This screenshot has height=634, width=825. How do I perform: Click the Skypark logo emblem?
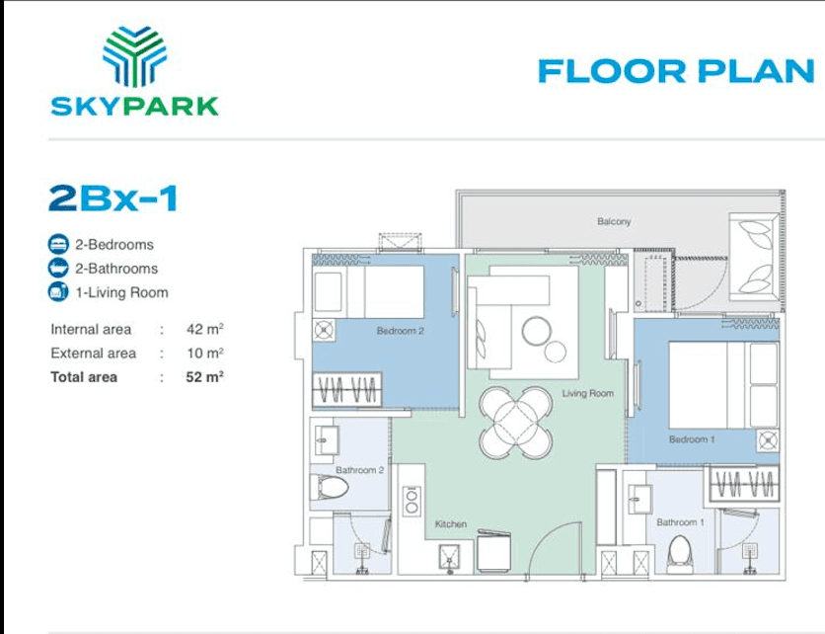[x=134, y=56]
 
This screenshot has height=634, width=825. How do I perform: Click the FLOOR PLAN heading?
[x=676, y=72]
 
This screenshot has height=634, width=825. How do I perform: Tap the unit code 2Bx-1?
[x=113, y=198]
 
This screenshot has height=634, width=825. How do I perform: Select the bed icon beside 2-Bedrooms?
[x=58, y=244]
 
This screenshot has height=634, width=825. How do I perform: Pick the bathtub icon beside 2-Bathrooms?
[x=58, y=268]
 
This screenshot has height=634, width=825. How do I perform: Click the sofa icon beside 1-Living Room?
[x=58, y=291]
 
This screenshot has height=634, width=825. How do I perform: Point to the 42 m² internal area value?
[x=205, y=329]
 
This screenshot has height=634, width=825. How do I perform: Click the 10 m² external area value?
[x=205, y=353]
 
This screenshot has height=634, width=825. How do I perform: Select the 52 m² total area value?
[x=204, y=377]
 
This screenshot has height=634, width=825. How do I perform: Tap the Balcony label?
[x=614, y=221]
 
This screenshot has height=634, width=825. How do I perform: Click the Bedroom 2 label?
[x=401, y=331]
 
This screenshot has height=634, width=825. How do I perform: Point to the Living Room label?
[x=588, y=393]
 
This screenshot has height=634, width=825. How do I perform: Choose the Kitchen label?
[x=451, y=524]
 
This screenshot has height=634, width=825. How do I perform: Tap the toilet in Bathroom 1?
[x=679, y=554]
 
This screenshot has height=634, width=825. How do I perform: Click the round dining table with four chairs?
[x=515, y=423]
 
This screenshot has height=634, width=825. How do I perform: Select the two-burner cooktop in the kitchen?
[x=412, y=502]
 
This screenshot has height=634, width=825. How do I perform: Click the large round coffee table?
[x=537, y=331]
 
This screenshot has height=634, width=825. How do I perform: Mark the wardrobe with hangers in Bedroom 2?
[x=347, y=390]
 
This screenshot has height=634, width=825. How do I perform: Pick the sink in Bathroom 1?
[x=639, y=498]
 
